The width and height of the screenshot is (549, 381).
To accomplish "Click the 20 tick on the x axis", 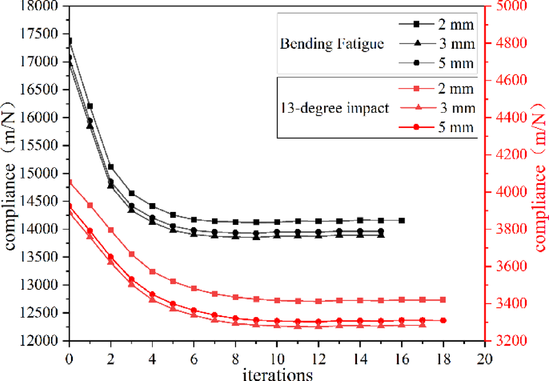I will (x=484, y=358).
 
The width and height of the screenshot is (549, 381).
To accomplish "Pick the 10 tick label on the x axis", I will (x=277, y=358).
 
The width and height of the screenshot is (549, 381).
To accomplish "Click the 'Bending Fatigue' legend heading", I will (x=332, y=45).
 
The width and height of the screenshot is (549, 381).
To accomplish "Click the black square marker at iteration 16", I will (x=402, y=220).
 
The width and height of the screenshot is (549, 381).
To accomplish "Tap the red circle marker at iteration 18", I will (x=443, y=321).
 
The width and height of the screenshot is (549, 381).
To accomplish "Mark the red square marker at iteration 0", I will (x=69, y=183).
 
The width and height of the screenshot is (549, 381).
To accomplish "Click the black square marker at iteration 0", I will (x=69, y=41).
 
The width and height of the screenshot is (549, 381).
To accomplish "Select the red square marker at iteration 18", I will (x=443, y=300).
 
